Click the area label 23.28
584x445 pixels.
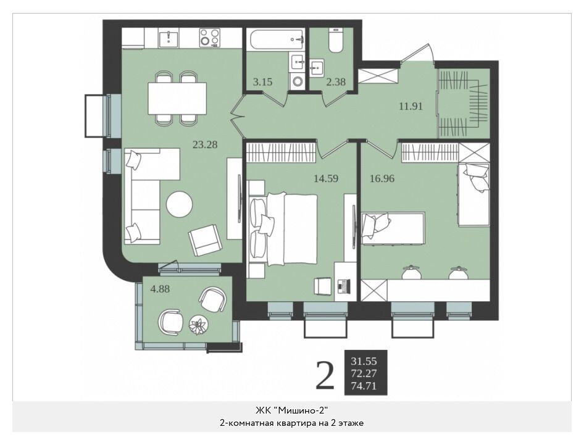(205, 144)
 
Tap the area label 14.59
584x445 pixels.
(326, 178)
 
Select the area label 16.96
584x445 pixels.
(382, 178)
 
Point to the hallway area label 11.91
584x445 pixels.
(411, 106)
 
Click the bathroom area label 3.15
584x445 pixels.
(262, 81)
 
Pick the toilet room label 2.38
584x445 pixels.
(336, 81)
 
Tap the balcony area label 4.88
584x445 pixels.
(160, 289)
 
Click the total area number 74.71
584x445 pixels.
(364, 386)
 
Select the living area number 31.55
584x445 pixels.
(364, 361)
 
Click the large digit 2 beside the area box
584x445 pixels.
(325, 376)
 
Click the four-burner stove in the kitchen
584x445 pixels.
(209, 38)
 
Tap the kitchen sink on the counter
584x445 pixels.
(169, 38)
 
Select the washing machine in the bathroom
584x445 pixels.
(297, 81)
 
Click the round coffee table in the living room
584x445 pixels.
(180, 204)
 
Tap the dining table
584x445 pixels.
(177, 98)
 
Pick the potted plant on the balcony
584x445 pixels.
(198, 325)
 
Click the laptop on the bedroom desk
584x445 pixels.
(344, 286)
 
